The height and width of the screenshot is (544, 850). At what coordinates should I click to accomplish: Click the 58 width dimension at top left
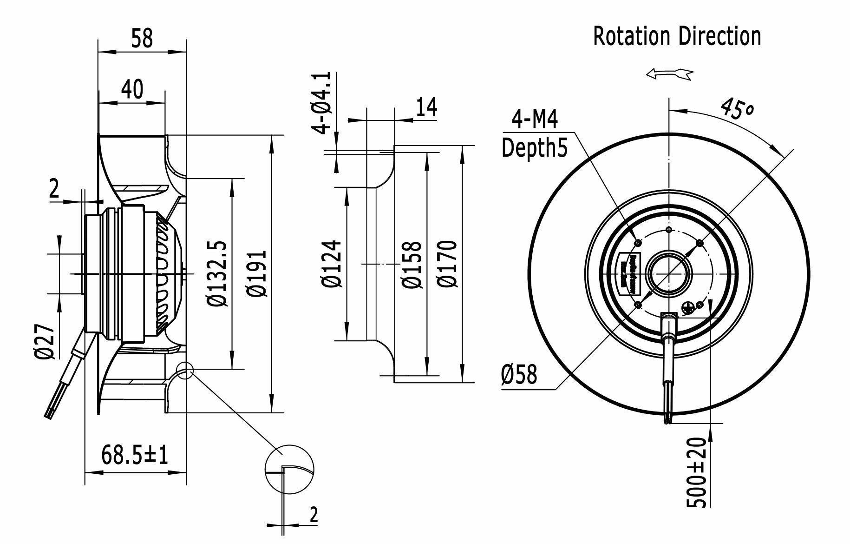pos(142,38)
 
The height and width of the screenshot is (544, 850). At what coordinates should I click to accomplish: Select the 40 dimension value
pos(132,89)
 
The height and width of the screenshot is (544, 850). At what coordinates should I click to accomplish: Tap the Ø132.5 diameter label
pos(217,273)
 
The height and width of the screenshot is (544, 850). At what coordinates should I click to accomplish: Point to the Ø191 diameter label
pos(257,273)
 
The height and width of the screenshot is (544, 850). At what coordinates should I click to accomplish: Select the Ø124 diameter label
pos(331,264)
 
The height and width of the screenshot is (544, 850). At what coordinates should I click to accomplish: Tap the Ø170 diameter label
pos(447,264)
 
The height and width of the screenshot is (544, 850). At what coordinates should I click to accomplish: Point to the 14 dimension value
pos(426,107)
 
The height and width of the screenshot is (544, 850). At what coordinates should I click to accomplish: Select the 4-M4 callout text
pos(535,119)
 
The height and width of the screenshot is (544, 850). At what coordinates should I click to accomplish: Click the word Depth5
pos(535,148)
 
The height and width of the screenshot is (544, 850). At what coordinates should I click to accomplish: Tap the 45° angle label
pos(738,109)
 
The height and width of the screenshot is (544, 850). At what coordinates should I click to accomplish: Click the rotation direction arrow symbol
pos(669,73)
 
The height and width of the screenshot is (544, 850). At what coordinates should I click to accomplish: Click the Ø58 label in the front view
pos(519,374)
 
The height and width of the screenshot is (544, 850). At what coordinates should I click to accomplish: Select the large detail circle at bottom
pos(289,469)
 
